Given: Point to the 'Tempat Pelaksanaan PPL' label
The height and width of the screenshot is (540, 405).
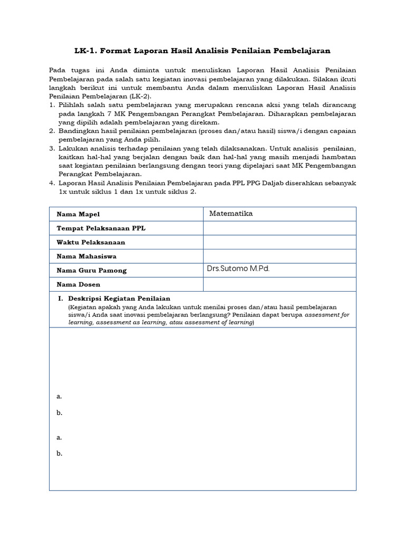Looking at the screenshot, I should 101,228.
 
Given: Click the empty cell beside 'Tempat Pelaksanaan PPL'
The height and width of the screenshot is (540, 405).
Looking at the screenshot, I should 279,228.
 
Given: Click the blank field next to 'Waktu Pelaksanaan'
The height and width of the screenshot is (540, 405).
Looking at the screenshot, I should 279,243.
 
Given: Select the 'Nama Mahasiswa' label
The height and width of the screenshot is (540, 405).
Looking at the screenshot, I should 86,256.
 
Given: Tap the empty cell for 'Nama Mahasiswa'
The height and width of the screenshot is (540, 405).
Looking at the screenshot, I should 279,256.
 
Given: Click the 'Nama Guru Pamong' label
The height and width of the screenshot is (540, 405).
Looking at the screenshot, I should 92,271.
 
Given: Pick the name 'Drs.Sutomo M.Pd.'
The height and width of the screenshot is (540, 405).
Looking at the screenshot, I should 238,269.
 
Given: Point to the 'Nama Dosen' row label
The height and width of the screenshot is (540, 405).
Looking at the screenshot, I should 79,285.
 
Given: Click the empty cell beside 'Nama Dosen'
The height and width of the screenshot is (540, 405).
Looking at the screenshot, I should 279,285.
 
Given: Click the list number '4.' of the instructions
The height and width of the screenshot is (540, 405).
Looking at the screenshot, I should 52,182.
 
